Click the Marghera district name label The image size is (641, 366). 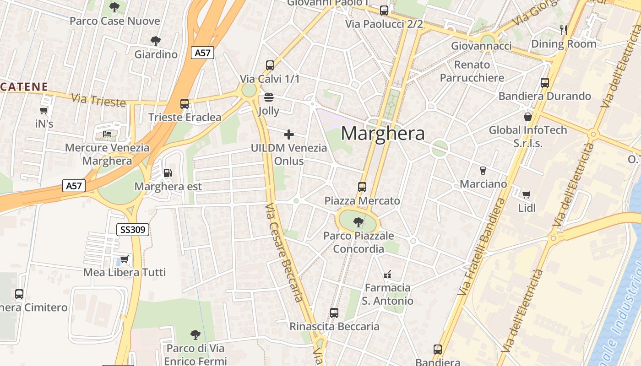[383, 133]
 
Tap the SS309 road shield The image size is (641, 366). [133, 229]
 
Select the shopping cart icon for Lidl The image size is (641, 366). [527, 195]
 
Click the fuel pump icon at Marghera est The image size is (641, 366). [168, 173]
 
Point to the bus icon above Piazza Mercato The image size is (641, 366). [362, 187]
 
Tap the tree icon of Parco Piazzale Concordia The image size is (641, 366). [359, 222]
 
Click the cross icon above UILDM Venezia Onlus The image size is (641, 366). [289, 135]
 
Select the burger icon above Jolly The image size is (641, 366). [269, 97]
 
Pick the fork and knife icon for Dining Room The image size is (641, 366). [564, 30]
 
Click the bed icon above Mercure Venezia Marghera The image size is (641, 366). [107, 134]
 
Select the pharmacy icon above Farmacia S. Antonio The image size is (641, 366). [387, 274]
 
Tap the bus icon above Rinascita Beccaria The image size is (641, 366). [334, 313]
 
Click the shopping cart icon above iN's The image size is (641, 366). [44, 110]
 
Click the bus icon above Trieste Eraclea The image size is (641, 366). [185, 104]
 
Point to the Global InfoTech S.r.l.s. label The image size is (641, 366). [528, 136]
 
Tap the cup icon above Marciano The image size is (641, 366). [483, 171]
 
